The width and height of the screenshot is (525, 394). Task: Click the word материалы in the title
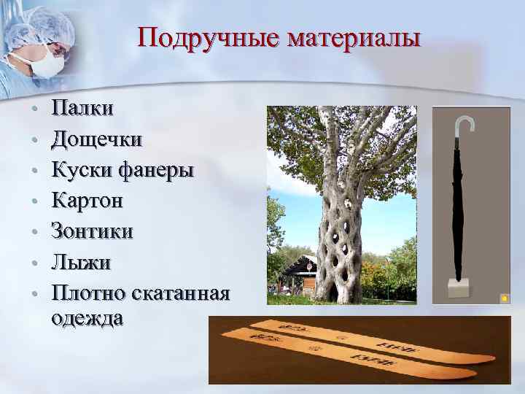354,38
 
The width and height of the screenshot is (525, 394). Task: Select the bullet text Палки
82,109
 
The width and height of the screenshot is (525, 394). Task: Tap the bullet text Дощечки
96,139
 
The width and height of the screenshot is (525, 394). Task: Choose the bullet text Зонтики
92,231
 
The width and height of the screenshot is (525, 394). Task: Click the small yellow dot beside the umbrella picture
503,298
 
